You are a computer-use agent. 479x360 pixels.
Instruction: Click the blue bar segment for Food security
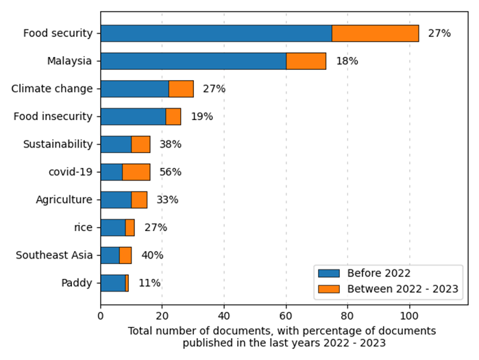[216, 33]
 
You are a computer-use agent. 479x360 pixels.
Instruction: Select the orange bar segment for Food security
[375, 33]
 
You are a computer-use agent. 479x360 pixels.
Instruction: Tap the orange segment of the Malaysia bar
[306, 61]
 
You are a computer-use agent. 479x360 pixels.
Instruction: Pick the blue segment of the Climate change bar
[134, 88]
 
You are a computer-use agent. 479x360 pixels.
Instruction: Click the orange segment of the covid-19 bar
[136, 172]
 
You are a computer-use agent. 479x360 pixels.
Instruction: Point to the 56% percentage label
[171, 172]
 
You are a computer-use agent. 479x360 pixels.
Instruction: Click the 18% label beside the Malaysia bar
[347, 61]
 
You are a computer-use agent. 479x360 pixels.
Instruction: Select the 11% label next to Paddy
[149, 283]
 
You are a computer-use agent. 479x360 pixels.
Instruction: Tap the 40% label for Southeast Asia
[152, 255]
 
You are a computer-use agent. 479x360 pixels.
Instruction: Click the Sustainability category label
[58, 144]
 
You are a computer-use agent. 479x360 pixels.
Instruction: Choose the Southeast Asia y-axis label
[54, 255]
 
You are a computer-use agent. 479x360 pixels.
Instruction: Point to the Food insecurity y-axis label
[53, 117]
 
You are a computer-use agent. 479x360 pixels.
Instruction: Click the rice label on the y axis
[83, 228]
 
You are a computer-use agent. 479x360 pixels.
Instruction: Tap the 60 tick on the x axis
[286, 317]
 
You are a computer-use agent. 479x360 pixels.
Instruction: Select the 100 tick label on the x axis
[409, 317]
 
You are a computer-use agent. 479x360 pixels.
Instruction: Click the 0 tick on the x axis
[101, 317]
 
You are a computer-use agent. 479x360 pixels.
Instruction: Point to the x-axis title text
[282, 337]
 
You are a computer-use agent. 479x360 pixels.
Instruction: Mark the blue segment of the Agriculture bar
[116, 200]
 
